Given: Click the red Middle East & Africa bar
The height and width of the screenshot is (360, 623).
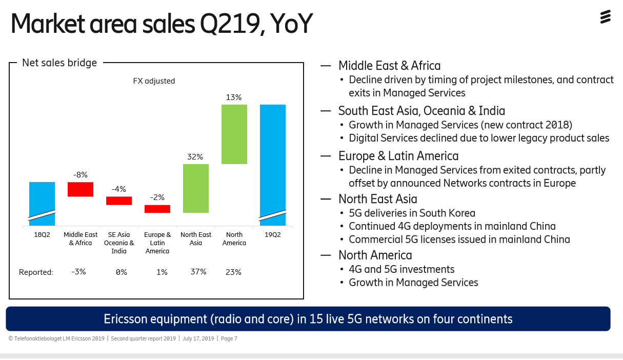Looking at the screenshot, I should (x=81, y=189).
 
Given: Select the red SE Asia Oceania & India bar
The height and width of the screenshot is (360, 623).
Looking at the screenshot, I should (x=119, y=201).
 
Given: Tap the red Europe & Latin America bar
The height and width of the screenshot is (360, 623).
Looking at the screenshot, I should (x=157, y=209).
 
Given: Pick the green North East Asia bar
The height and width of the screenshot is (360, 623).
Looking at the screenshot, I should (x=196, y=188).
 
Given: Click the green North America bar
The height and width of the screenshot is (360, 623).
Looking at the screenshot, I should (x=234, y=134).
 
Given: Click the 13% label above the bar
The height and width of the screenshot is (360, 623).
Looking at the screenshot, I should (x=234, y=97).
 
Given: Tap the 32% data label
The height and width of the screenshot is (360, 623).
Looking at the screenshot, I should (x=195, y=157).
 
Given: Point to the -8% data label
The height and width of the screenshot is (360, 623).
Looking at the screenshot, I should (x=81, y=175).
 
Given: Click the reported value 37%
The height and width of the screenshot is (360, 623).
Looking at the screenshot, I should (x=198, y=272).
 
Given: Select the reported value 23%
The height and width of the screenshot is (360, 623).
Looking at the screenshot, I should (x=233, y=272).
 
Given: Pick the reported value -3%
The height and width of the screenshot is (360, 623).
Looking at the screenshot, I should (x=78, y=272).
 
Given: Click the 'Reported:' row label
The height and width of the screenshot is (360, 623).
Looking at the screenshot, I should (x=36, y=272).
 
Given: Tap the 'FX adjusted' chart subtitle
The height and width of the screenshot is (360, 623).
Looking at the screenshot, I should (x=154, y=81).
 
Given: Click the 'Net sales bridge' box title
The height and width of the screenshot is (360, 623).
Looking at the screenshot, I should (x=59, y=63).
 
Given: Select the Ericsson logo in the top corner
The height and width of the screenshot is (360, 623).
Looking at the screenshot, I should (x=606, y=17).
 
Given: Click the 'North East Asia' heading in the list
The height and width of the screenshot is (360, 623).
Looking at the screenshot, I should (x=378, y=199).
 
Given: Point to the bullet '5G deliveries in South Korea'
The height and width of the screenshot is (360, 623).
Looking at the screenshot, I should (x=412, y=213).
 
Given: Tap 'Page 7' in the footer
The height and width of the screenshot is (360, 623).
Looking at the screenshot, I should (x=229, y=338).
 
